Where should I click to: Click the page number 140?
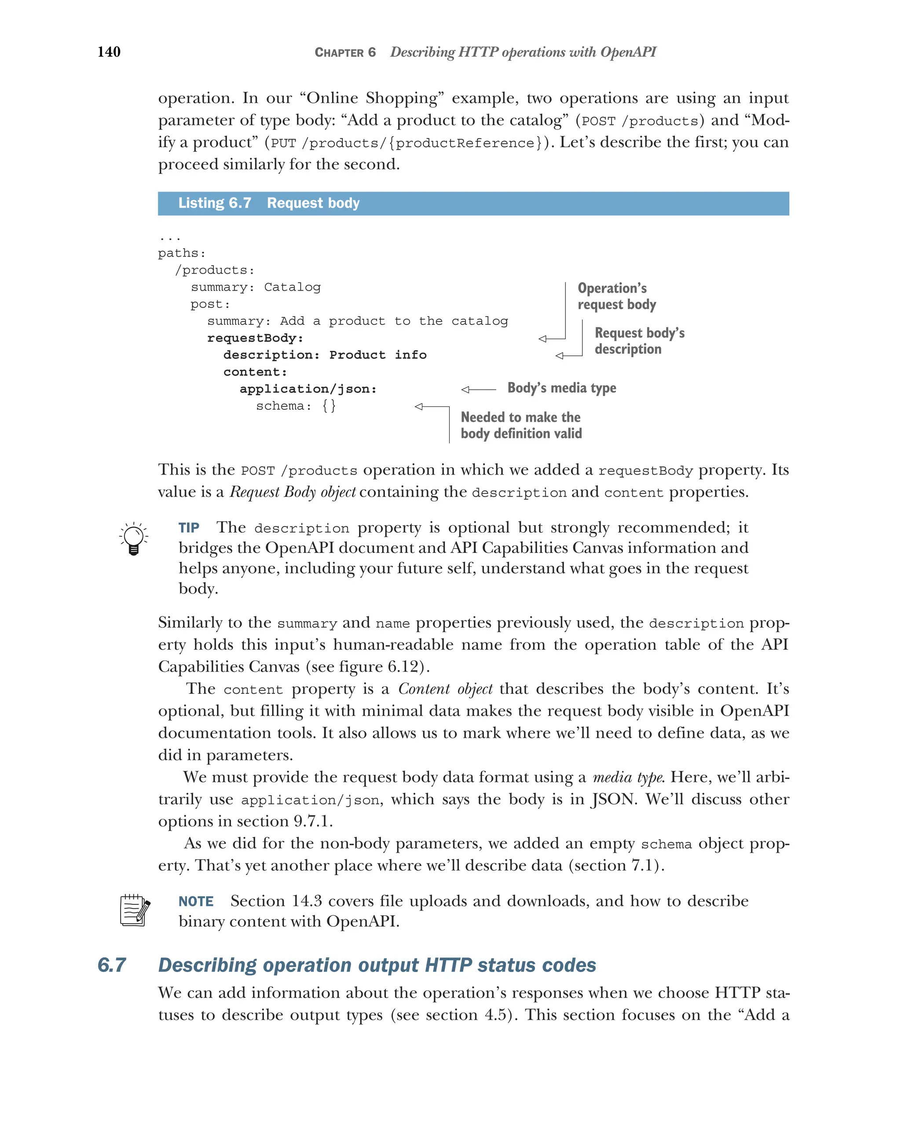109,52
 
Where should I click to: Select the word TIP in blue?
189,528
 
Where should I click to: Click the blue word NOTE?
196,901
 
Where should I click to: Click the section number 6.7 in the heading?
112,965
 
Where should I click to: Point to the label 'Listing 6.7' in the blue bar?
214,203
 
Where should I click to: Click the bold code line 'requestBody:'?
255,338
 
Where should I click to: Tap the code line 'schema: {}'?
296,405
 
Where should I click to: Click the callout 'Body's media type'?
561,388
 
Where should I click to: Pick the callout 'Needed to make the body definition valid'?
521,425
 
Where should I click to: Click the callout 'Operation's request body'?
616,296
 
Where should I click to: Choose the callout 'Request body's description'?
639,341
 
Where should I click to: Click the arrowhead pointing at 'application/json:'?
465,389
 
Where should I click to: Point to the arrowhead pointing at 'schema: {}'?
419,406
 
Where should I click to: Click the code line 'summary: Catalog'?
255,287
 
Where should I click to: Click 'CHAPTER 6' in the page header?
345,52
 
